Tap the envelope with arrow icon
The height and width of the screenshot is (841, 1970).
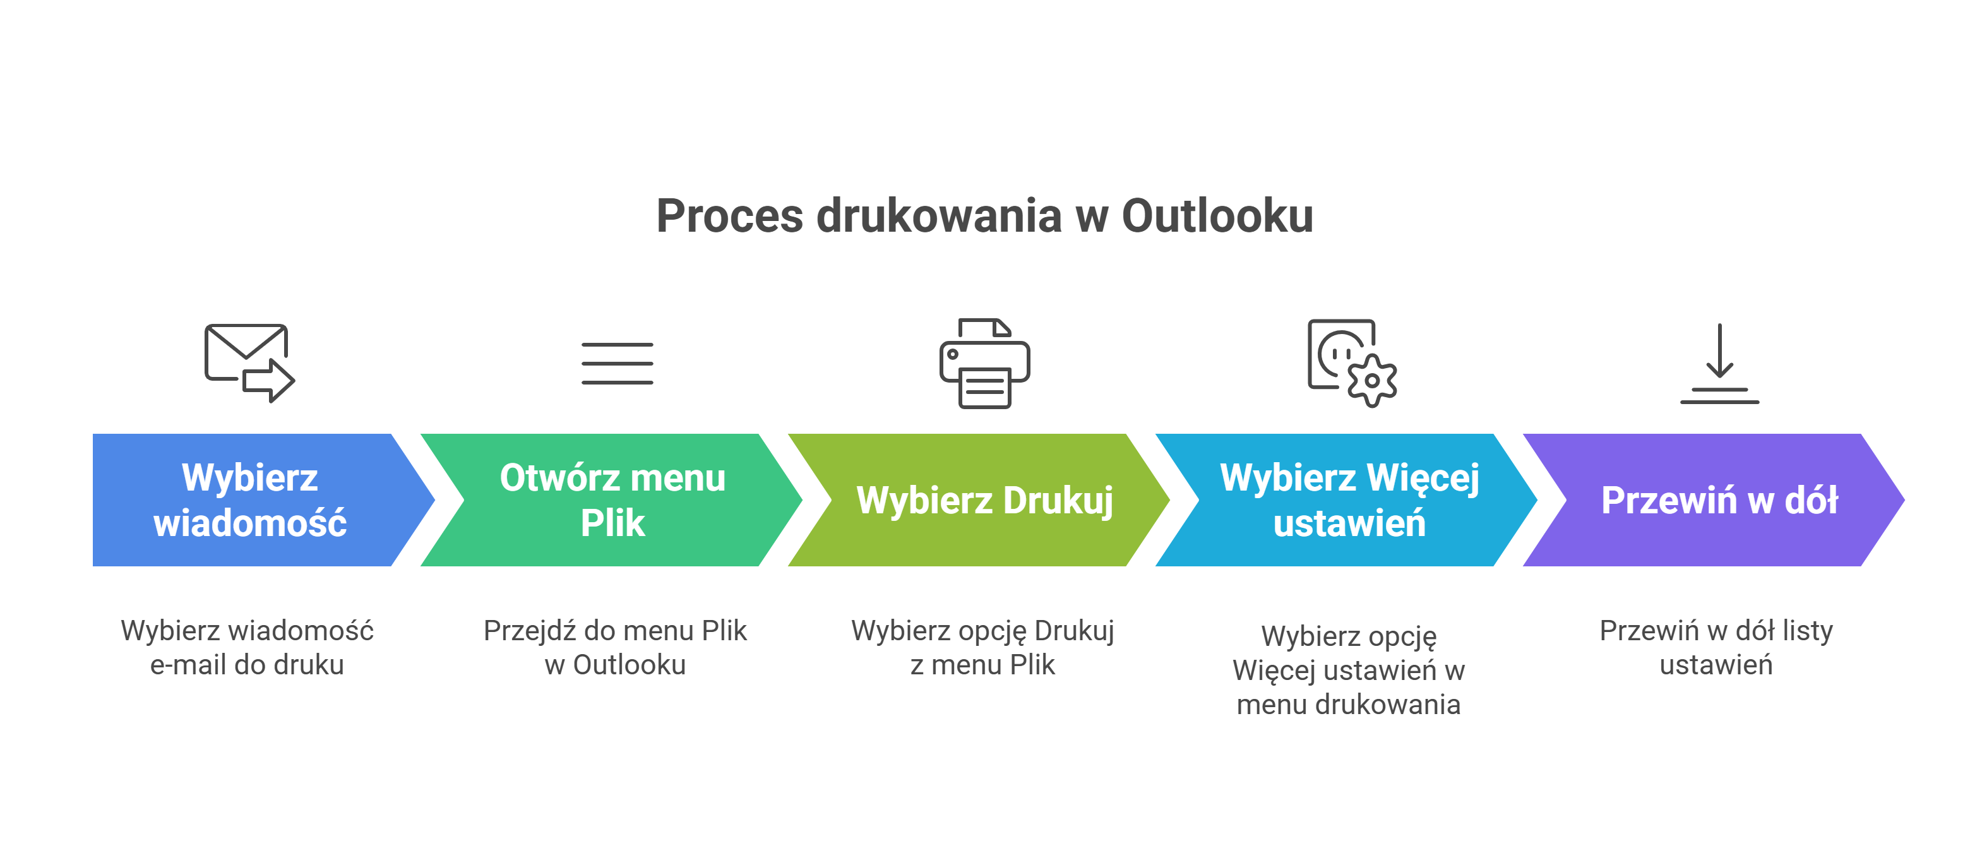click(x=249, y=362)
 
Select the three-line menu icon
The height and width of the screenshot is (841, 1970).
click(x=616, y=363)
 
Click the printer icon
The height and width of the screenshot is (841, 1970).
click(x=984, y=363)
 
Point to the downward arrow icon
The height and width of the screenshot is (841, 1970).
click(x=1719, y=363)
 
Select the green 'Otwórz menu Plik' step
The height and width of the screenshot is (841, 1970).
click(x=612, y=500)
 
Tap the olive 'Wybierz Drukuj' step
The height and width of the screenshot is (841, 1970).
click(x=984, y=500)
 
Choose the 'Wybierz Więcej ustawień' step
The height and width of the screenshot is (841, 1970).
click(x=1349, y=500)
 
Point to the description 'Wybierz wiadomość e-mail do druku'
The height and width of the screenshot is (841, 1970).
click(x=247, y=648)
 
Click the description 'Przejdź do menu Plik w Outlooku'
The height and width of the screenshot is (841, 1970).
click(x=615, y=648)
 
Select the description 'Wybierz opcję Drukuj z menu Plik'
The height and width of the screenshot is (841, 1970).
click(x=982, y=648)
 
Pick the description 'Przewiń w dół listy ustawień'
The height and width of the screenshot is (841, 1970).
click(x=1716, y=648)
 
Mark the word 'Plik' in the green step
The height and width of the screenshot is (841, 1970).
click(x=612, y=523)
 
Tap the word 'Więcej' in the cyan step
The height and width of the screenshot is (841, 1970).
click(x=1423, y=478)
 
